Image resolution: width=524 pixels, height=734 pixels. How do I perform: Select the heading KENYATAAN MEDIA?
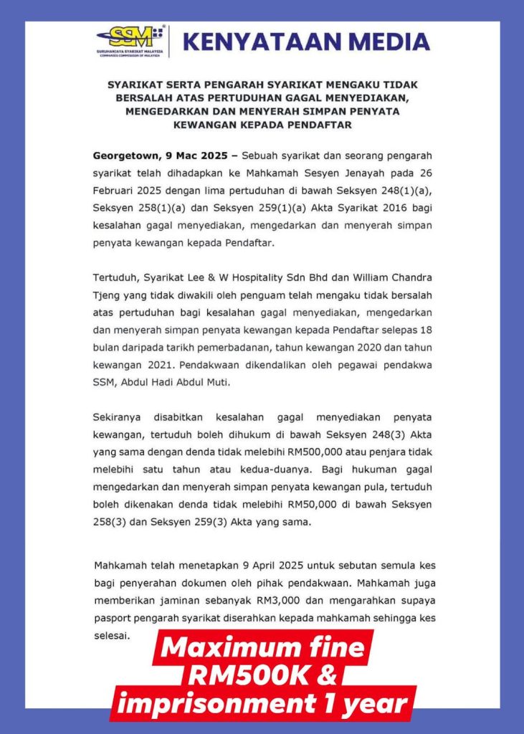click(306, 42)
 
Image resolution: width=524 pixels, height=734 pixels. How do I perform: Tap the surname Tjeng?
click(108, 295)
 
